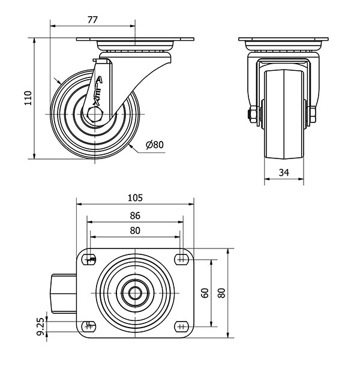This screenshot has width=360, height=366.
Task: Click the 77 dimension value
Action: (x=92, y=20)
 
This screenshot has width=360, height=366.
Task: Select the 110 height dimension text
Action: (x=28, y=98)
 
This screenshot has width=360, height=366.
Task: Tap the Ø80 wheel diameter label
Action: (x=155, y=145)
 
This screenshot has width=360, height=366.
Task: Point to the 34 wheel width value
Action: (x=284, y=172)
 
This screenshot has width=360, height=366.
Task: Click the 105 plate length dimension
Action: (x=135, y=198)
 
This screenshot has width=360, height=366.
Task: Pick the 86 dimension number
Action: (x=135, y=215)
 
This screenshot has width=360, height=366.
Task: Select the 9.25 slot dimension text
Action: (x=41, y=326)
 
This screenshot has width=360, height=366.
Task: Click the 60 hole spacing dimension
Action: (x=205, y=293)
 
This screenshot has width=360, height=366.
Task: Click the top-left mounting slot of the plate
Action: (x=89, y=259)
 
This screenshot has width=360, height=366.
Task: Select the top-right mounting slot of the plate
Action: (x=182, y=259)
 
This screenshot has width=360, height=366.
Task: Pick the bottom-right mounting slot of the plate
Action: (x=182, y=326)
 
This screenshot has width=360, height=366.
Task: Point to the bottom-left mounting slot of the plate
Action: (x=89, y=326)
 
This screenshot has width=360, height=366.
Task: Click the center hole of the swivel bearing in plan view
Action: (x=135, y=293)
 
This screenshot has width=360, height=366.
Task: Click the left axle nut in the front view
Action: (x=253, y=114)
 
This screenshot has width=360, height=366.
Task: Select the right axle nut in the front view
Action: (x=313, y=114)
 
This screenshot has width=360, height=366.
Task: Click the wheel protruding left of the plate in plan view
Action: (x=64, y=293)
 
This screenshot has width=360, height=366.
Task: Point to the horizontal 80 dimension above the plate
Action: (x=135, y=230)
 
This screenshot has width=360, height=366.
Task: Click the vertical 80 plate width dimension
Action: (x=221, y=293)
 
